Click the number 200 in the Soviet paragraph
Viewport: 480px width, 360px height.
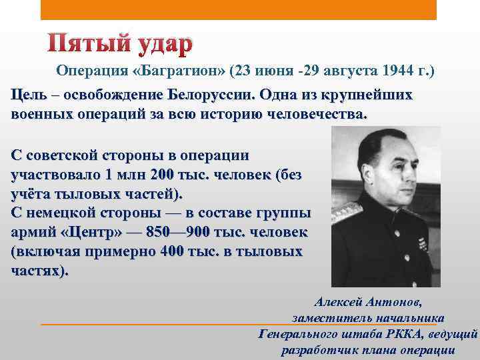pos(159,175)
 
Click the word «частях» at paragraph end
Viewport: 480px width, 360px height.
pos(36,271)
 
